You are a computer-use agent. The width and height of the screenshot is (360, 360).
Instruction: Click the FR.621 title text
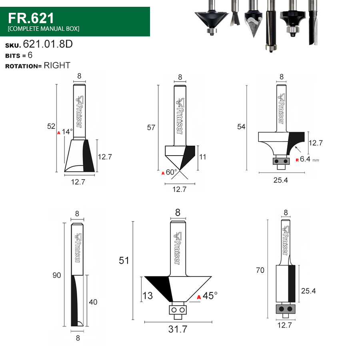[x=31, y=18]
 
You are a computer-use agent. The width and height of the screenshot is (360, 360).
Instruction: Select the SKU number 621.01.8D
[x=48, y=44]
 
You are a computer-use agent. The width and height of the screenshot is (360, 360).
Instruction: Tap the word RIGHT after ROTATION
[x=57, y=66]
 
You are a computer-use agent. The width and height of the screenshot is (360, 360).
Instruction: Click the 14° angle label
[x=67, y=132]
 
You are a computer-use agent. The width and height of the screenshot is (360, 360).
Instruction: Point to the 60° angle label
[x=172, y=172]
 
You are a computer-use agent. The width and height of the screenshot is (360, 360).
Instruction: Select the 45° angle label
[x=210, y=296]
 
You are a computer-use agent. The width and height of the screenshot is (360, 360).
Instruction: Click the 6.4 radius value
[x=305, y=159]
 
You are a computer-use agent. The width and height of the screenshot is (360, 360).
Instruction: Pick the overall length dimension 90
[x=57, y=275]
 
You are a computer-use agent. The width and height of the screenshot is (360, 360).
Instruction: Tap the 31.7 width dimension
[x=178, y=329]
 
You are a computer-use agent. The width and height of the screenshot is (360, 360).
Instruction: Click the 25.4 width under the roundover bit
[x=280, y=180]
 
